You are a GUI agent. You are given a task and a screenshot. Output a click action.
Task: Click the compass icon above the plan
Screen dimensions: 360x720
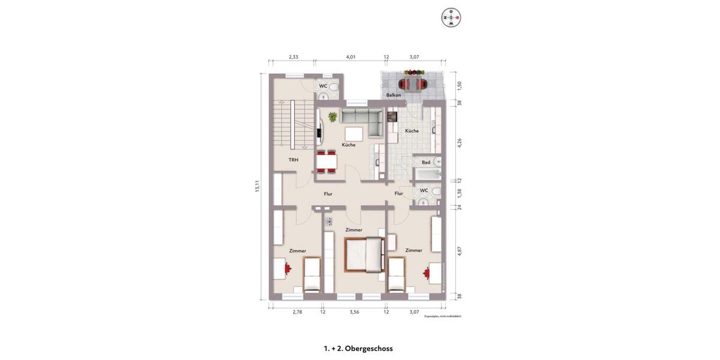coord(451,17)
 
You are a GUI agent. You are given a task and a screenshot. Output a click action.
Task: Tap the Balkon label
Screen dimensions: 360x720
coord(394,95)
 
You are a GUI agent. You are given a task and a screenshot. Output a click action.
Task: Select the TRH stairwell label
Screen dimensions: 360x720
coord(293,160)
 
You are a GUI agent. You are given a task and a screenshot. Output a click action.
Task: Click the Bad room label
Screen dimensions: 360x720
coord(426,162)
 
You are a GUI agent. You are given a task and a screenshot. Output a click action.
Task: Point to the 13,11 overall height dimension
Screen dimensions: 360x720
coord(257,186)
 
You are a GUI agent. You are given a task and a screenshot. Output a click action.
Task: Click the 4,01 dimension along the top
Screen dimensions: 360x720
coord(351,57)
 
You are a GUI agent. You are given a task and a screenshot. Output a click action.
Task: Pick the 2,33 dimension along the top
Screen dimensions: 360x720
coord(293,57)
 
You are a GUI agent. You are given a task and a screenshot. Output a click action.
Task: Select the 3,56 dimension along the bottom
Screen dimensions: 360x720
coord(354,312)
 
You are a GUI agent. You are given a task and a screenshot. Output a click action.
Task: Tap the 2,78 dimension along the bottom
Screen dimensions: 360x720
coord(298,312)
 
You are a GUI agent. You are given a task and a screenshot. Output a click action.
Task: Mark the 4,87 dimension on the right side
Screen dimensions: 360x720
coord(460,251)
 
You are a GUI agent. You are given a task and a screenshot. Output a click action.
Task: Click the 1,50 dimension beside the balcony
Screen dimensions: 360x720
coord(460,85)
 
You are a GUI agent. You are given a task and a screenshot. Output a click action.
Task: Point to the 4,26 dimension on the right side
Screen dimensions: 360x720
coord(460,142)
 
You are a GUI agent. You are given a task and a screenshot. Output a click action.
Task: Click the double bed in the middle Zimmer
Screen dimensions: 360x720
coord(364,254)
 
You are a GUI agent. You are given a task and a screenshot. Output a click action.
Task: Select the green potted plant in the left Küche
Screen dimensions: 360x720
coord(332,117)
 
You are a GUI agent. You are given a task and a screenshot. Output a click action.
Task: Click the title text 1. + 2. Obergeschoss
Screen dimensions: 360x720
coord(358,348)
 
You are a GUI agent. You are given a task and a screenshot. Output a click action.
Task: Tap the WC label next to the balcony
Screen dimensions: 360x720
coord(323,86)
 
